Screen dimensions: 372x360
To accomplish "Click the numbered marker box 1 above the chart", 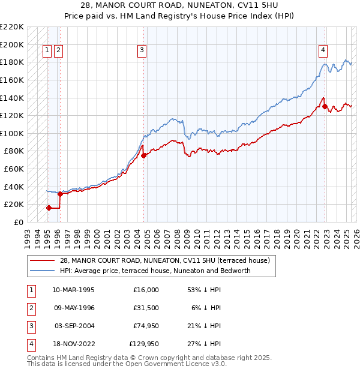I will coord(47,50).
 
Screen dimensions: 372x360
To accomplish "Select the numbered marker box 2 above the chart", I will coord(58,50).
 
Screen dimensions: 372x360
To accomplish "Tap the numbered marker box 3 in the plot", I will coord(142,50).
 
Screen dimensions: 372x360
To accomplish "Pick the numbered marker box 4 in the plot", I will coord(323,50).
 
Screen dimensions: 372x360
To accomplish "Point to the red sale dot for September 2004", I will coord(144,155).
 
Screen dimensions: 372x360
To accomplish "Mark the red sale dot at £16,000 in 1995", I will coord(49,208).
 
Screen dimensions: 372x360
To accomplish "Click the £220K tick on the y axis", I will coord(12,27).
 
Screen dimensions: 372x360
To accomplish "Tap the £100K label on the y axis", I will coord(12,133).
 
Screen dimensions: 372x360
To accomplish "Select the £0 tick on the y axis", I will coord(18,222).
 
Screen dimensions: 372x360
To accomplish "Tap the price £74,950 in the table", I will coord(144,326).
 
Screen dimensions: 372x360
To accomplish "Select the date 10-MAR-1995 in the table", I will coord(74,290).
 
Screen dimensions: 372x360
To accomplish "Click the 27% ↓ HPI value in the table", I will coord(204,344).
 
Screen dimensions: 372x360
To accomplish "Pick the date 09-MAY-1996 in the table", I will coord(74,308).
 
